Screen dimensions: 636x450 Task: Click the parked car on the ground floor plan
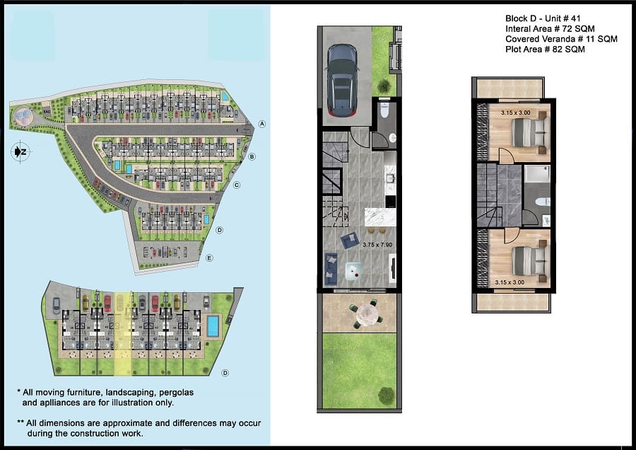click(x=343, y=81)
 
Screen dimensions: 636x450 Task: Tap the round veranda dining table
click(x=367, y=313)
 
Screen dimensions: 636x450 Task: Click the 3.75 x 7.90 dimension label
click(x=377, y=245)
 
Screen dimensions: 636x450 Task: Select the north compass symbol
click(x=20, y=152)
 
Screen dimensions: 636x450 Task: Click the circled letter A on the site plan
click(x=262, y=124)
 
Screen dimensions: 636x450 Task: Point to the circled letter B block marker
click(x=252, y=157)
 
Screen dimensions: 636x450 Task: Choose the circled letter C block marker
click(x=237, y=185)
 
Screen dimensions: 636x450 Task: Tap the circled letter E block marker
click(x=209, y=258)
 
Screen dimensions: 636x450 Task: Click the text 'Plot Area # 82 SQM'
click(x=545, y=50)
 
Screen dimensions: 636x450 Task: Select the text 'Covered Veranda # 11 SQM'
click(x=561, y=39)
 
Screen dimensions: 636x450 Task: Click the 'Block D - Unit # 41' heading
click(x=543, y=18)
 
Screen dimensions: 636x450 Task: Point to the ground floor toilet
click(x=384, y=110)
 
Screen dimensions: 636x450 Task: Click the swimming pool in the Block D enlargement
click(x=213, y=326)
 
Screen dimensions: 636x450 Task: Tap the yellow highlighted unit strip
click(x=122, y=333)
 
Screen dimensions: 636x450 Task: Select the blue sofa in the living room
click(x=331, y=268)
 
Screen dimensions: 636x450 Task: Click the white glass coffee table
click(x=354, y=271)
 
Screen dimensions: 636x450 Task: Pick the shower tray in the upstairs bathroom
click(x=537, y=174)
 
